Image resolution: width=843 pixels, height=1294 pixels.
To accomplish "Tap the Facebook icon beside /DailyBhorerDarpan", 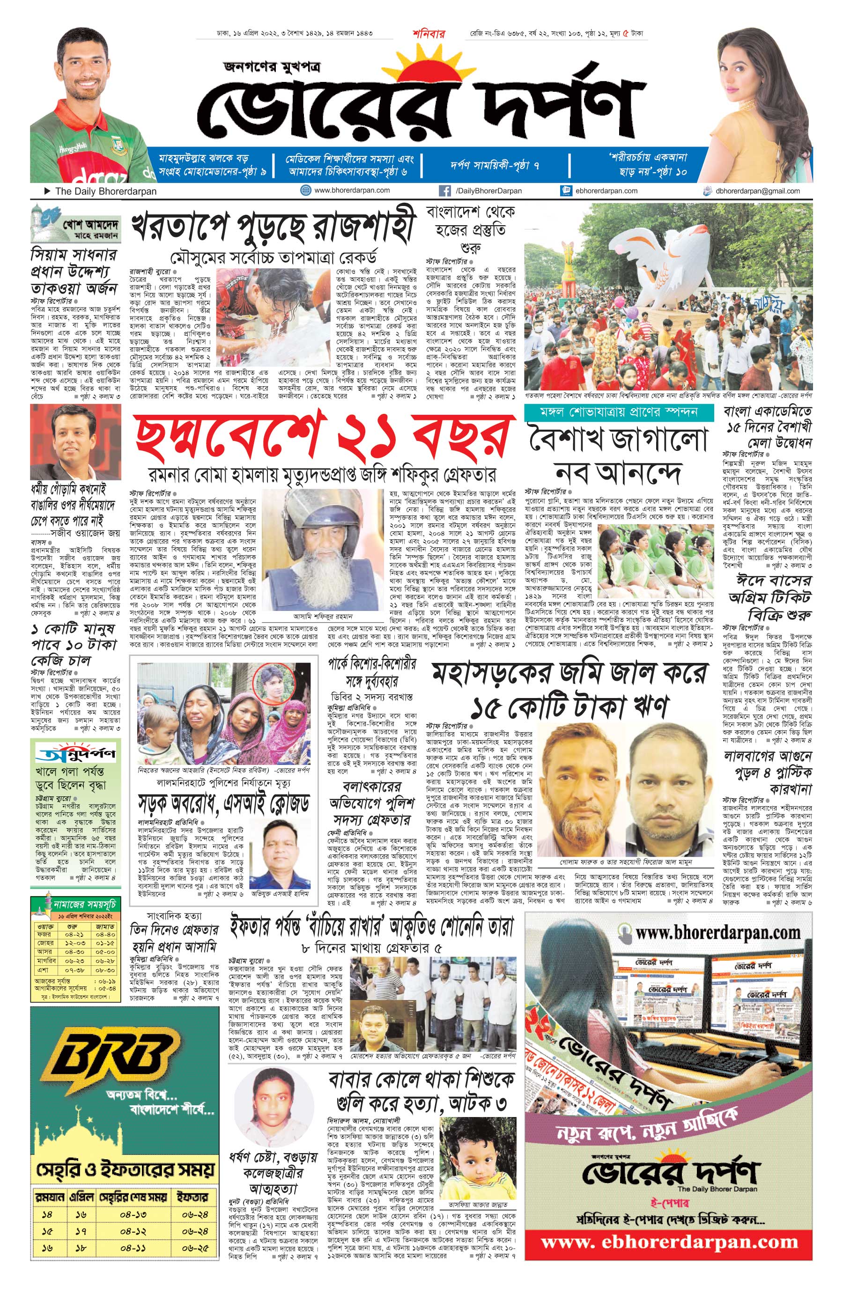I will [x=444, y=191].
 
